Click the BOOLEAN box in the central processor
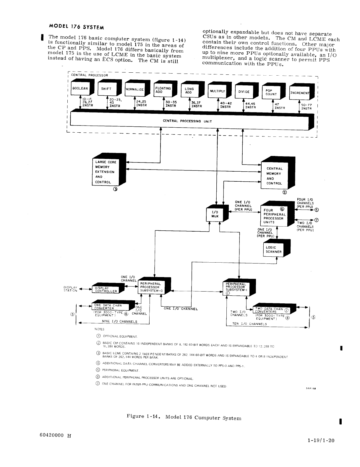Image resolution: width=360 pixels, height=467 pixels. click(x=80, y=89)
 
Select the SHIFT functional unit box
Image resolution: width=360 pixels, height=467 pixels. click(x=107, y=89)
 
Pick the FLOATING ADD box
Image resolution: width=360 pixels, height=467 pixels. click(x=163, y=90)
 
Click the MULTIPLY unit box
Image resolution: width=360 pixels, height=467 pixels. click(x=218, y=91)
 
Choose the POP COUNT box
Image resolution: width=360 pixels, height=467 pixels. click(x=271, y=92)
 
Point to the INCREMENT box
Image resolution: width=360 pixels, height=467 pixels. click(x=299, y=93)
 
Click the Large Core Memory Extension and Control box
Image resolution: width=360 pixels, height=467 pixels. click(x=106, y=172)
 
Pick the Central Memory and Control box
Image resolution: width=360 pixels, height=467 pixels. click(x=275, y=176)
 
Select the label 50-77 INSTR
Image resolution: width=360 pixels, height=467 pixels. click(x=307, y=107)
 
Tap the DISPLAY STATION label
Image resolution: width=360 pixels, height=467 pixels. click(x=70, y=289)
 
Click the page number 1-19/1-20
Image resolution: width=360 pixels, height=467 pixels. click(x=321, y=440)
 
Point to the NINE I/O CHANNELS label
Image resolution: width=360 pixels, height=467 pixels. click(x=119, y=322)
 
